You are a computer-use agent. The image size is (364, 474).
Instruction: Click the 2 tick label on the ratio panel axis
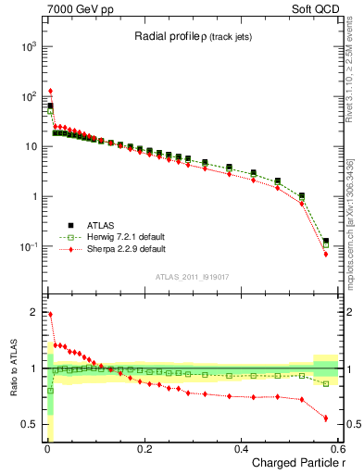(x=31, y=312)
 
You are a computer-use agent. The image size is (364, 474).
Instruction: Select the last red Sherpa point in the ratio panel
(x=325, y=418)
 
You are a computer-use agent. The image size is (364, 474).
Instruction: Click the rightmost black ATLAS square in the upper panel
(x=325, y=242)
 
